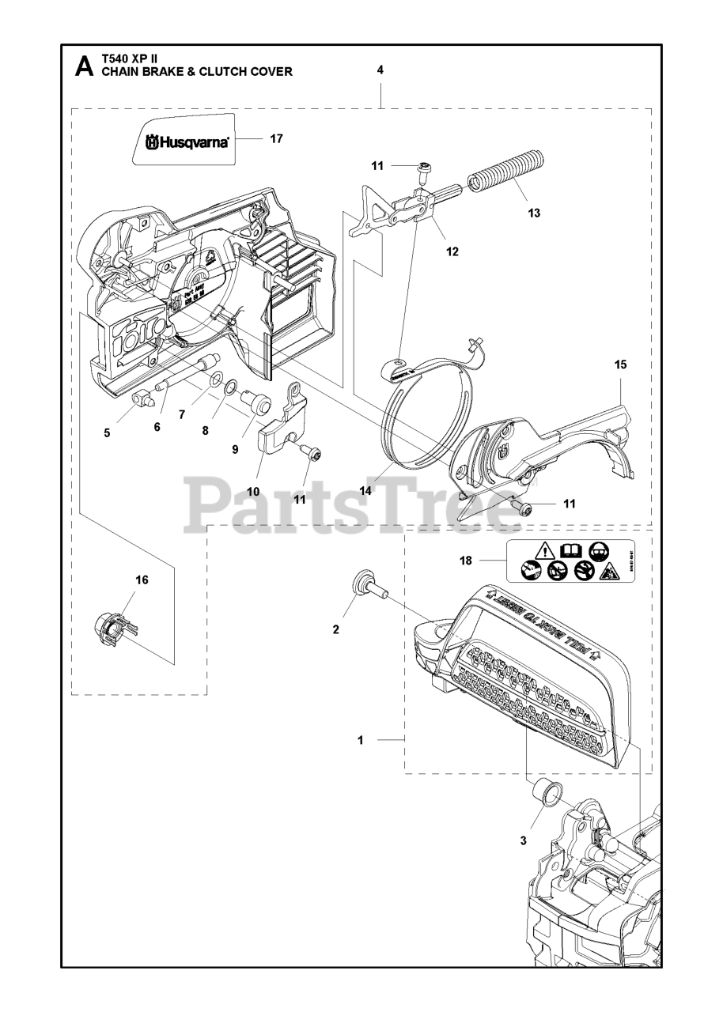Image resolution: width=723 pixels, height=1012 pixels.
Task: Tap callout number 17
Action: (276, 138)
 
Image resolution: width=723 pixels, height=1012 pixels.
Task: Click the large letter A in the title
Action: (83, 66)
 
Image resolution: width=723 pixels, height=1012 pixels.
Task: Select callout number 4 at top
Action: (380, 70)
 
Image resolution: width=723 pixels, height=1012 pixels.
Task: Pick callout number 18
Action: (466, 561)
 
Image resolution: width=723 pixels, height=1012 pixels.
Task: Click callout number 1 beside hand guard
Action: (360, 741)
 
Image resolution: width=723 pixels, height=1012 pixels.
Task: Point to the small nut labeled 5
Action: (142, 397)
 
